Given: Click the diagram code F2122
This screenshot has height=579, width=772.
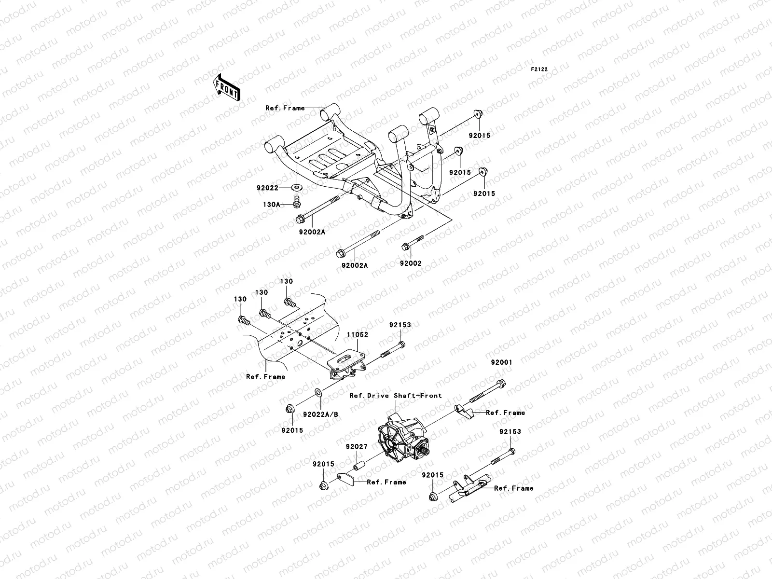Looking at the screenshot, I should pos(539,69).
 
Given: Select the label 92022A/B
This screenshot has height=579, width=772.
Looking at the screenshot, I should pos(320,414).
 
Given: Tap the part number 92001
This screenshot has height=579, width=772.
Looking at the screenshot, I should pos(502,362).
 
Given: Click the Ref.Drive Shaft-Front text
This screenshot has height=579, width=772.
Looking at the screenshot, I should pos(396,396).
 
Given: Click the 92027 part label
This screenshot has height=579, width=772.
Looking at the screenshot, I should pos(357,447).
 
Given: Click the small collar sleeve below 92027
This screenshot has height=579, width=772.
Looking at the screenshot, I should pos(359,467).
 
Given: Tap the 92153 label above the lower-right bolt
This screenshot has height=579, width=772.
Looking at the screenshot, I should pos(510,432).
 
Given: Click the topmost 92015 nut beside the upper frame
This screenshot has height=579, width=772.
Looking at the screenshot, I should pos(478,114).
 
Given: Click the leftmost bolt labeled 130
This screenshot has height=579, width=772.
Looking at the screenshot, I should pos(243,319).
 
